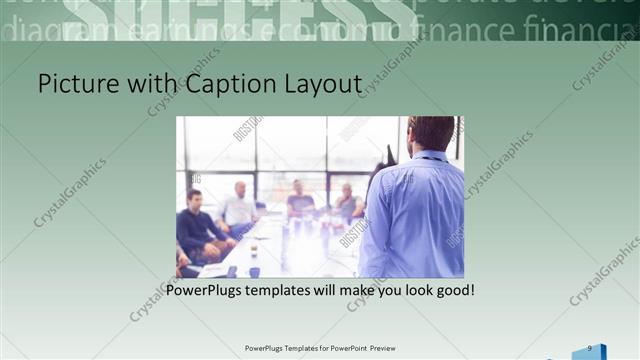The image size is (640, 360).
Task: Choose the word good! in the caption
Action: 452,291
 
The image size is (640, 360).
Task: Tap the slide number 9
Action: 590,347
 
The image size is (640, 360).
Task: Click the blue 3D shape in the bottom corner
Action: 590,352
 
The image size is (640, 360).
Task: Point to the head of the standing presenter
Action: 431,134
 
